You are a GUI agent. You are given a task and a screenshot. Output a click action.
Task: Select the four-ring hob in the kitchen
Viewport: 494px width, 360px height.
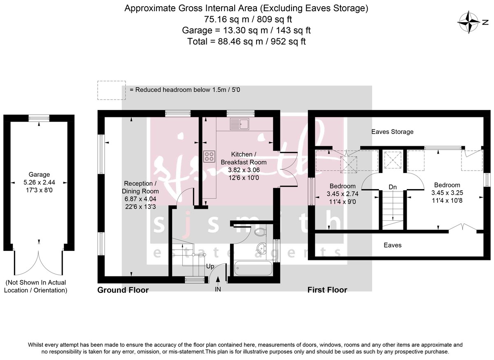[x=209, y=156]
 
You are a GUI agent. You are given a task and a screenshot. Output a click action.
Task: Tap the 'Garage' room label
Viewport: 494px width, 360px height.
[x=39, y=174]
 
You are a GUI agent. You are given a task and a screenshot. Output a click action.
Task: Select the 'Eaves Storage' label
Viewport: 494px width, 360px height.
[x=392, y=132]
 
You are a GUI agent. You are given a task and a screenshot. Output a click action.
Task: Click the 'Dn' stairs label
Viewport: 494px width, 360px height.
[x=393, y=187]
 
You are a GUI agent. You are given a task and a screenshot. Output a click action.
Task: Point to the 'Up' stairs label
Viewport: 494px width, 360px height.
[x=210, y=266]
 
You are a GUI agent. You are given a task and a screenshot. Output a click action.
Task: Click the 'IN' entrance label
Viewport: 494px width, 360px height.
[x=218, y=290]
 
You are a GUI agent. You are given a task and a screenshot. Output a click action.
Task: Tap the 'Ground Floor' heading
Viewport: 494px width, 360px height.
[x=123, y=290]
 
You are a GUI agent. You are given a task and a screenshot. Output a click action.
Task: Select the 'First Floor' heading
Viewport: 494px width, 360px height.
[x=327, y=290]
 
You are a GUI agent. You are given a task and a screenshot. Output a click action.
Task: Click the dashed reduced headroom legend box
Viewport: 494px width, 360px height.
[x=112, y=90]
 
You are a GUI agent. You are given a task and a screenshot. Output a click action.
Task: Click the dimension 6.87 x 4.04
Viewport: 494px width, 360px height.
[x=140, y=199]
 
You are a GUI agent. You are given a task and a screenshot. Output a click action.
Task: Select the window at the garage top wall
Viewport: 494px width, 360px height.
[x=39, y=118]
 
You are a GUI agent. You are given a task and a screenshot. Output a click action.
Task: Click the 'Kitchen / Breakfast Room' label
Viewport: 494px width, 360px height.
[x=243, y=158]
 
